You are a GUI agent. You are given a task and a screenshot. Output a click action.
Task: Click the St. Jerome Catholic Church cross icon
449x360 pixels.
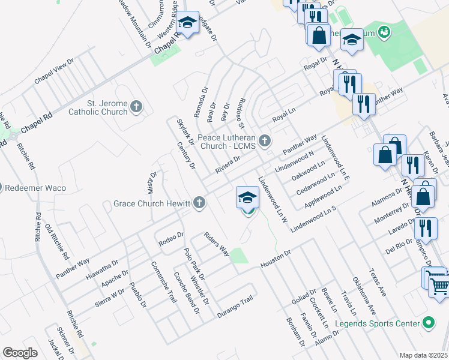click(136, 107)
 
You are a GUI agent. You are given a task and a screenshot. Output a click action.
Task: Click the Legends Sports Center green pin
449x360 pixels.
click(428, 323)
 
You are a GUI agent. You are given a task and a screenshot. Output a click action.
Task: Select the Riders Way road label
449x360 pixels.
click(217, 244)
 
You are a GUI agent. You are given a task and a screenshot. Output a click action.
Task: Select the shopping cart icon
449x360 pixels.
click(439, 286)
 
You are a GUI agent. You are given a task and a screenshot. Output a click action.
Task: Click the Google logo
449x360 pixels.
click(20, 353)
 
